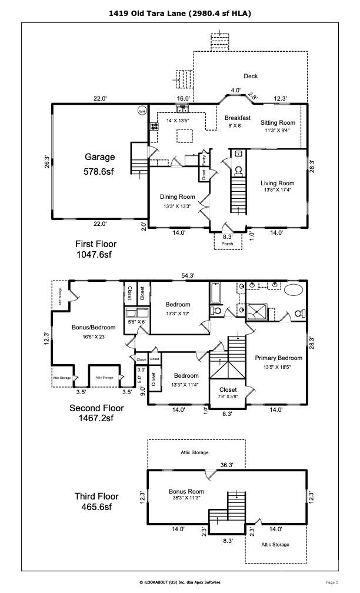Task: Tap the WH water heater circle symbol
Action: [x=142, y=111]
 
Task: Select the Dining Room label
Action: [x=177, y=196]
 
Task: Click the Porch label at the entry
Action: [x=227, y=244]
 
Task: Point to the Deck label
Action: [x=251, y=76]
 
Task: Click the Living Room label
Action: [x=277, y=183]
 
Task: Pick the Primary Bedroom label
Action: [x=278, y=358]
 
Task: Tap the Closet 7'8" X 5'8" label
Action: [x=228, y=393]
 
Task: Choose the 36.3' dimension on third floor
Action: [x=227, y=465]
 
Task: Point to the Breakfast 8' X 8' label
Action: [x=237, y=121]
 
